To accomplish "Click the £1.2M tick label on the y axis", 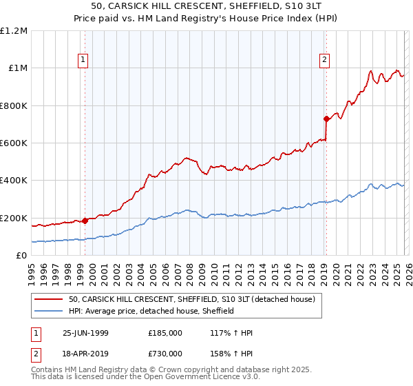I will click(x=14, y=30).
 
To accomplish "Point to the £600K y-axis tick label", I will click(x=14, y=143).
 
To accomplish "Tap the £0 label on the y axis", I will click(x=21, y=255).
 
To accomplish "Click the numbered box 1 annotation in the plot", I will click(x=83, y=60).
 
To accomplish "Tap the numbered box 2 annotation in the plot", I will click(x=324, y=60).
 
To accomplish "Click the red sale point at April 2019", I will click(x=326, y=119).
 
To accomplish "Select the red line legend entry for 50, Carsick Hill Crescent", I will click(x=192, y=299).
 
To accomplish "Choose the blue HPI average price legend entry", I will click(x=151, y=311).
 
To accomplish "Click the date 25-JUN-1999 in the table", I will click(x=85, y=333).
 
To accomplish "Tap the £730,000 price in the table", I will click(x=165, y=353).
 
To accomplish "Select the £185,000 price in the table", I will click(x=165, y=333).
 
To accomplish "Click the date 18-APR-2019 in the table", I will click(x=85, y=353).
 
